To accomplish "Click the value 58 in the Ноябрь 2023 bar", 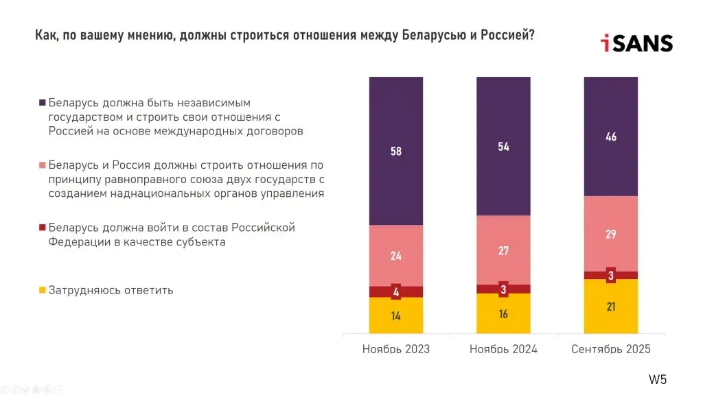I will point(396,152).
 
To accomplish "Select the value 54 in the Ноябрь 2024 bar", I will point(503,147).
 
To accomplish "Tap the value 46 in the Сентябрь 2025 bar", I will point(611,137).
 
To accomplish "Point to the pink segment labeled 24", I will point(396,256).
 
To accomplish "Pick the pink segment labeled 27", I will point(503,250).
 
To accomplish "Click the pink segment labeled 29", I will point(611,234).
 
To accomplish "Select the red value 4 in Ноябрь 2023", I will point(396,292).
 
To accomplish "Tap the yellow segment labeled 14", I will point(396,316).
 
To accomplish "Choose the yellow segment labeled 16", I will point(503,314).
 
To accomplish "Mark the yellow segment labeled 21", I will point(611,307).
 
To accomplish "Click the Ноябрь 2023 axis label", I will point(396,349).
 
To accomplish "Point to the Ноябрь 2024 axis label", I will point(503,349).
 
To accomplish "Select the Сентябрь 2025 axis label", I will point(611,349).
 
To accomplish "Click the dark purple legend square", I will point(43,103).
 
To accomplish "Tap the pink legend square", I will point(43,166).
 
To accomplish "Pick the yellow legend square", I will point(43,290).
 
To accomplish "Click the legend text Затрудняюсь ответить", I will point(111,290).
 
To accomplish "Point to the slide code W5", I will point(658,379).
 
